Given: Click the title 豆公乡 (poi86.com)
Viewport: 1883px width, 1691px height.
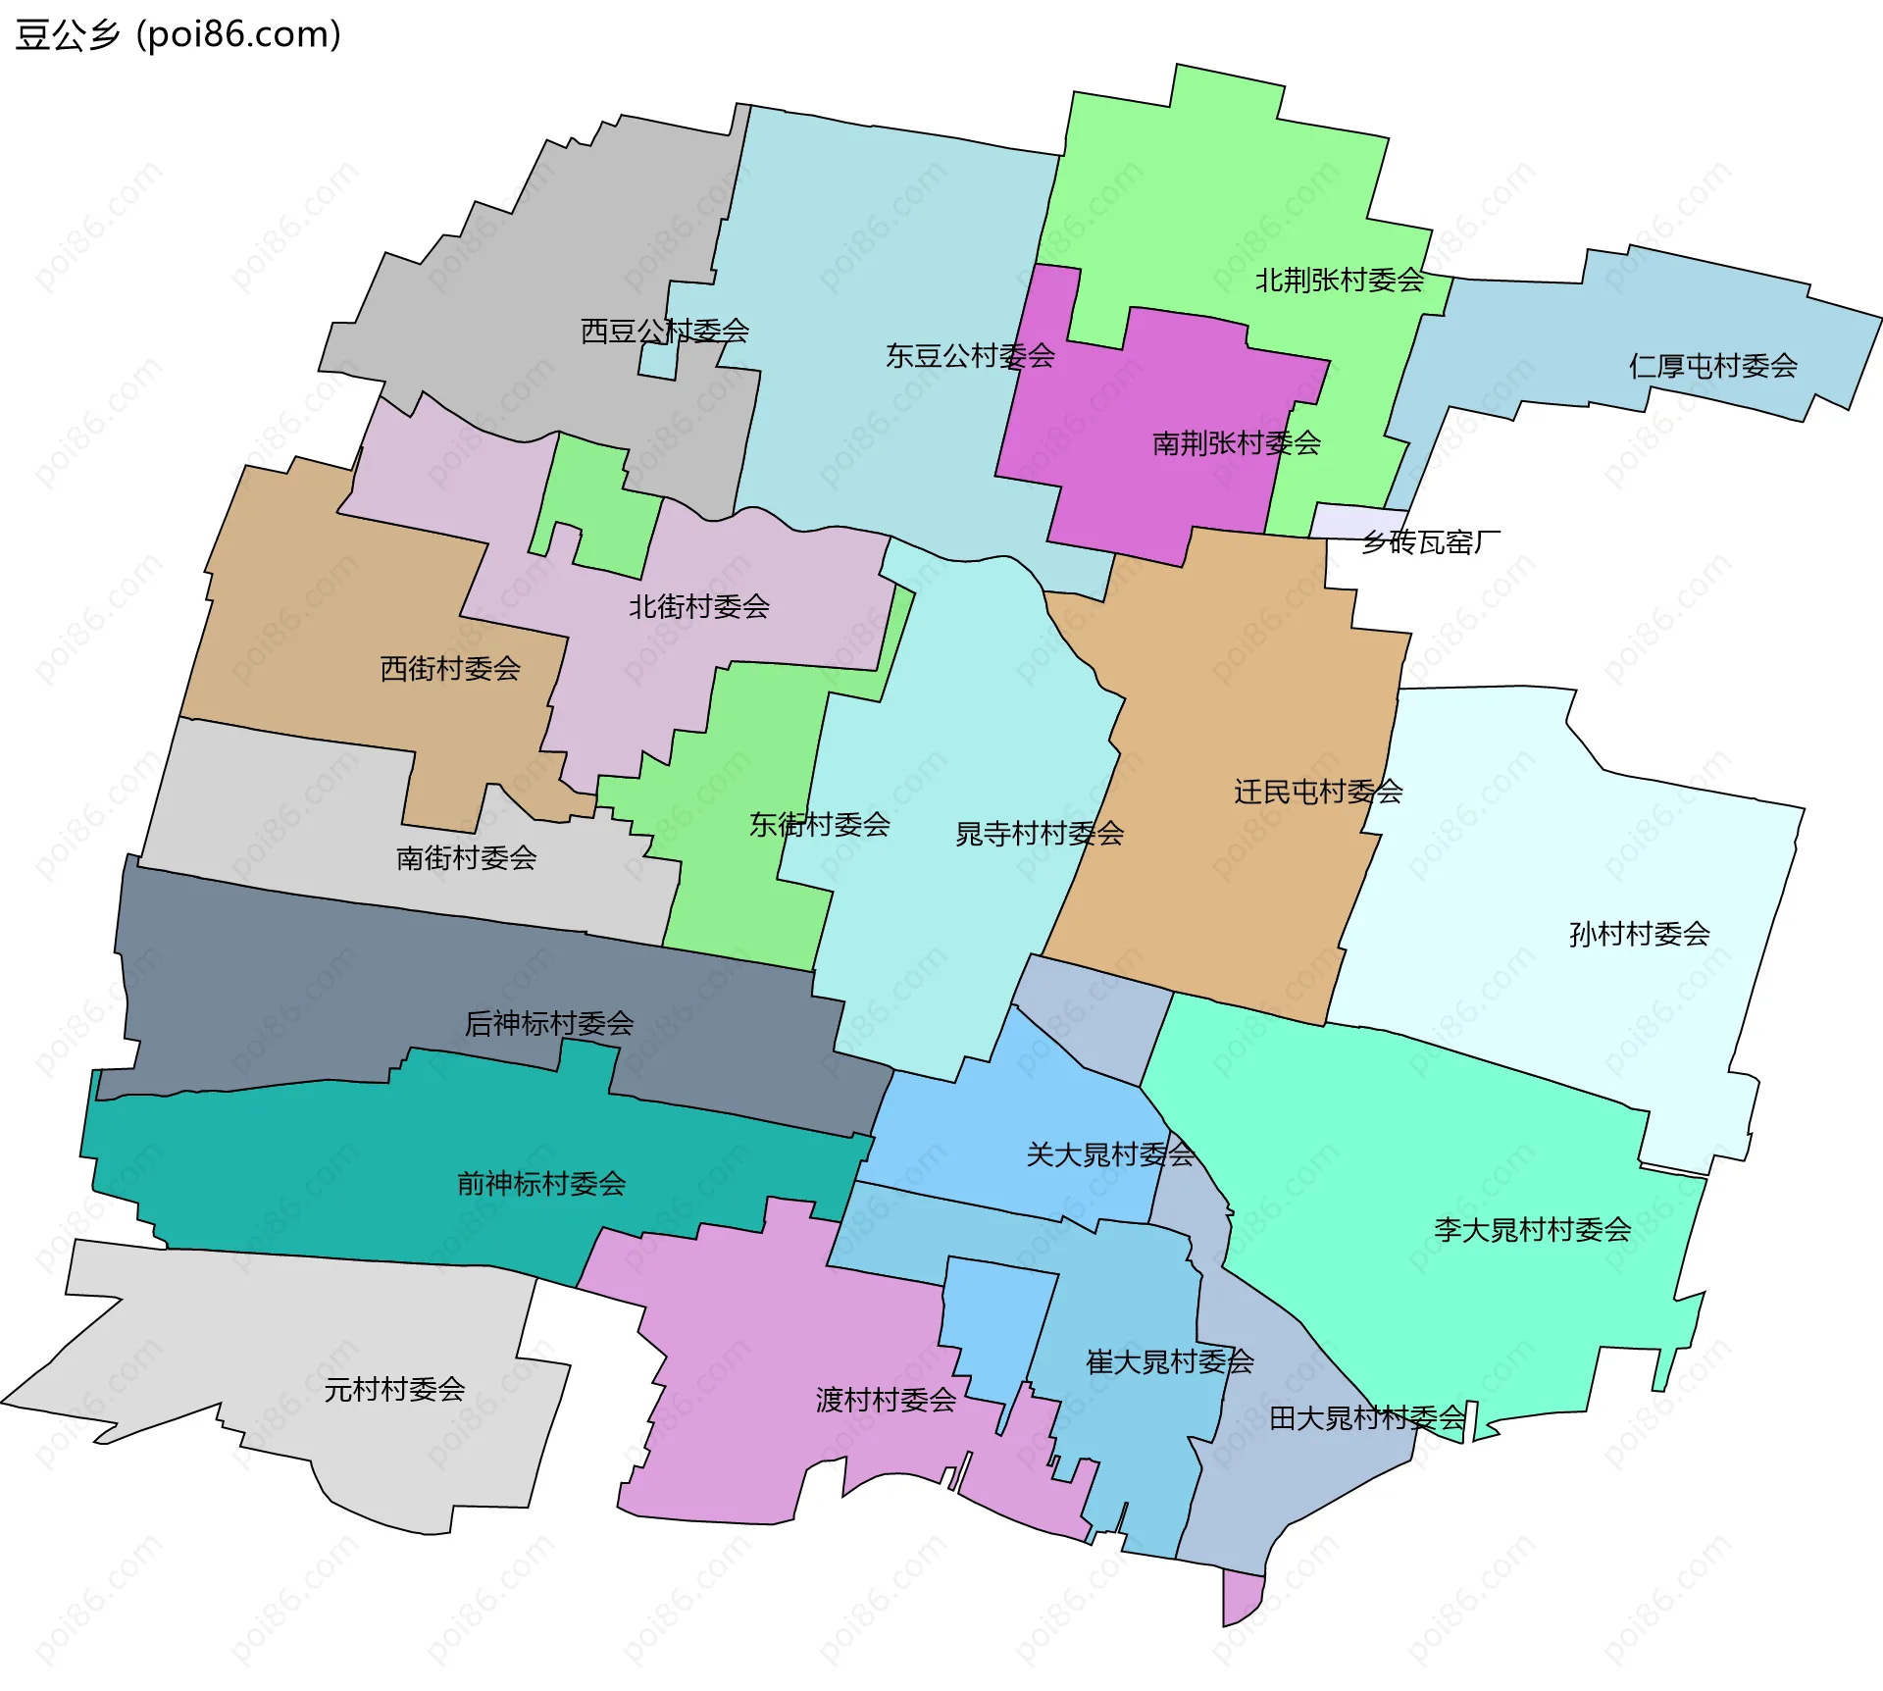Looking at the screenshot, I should click(x=178, y=34).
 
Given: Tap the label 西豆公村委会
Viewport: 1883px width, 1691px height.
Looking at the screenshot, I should click(x=664, y=331).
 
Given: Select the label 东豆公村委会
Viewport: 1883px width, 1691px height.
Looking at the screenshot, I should click(x=969, y=355).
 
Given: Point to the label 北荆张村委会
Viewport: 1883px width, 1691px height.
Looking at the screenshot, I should click(x=1340, y=281).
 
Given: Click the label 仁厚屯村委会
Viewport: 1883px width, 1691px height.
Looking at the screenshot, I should click(x=1712, y=366).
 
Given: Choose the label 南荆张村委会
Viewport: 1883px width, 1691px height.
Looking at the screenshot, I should click(x=1236, y=443).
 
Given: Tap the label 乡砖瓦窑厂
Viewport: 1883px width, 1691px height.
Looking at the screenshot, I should click(x=1430, y=541).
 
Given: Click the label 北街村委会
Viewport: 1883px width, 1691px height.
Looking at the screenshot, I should click(x=698, y=606).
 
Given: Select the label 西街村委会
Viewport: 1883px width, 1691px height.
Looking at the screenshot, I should click(x=449, y=669).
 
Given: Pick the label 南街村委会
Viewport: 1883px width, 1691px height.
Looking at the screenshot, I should click(x=466, y=858).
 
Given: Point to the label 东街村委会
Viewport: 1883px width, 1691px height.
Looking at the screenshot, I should click(x=819, y=824).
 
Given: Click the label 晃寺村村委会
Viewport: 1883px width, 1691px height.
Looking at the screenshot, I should click(x=1039, y=834).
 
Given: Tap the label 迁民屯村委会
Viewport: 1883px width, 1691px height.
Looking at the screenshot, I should click(x=1317, y=792).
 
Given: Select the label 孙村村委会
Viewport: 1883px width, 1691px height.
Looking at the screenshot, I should click(x=1639, y=934).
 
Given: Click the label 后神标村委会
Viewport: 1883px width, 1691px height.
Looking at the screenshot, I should click(x=548, y=1024).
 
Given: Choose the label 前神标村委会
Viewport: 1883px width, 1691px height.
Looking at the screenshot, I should click(x=540, y=1184).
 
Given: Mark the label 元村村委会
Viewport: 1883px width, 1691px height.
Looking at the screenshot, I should click(x=394, y=1389).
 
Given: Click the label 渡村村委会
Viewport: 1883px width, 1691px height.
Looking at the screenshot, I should click(x=886, y=1400).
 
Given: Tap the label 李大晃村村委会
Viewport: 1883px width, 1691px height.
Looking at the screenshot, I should click(x=1532, y=1229).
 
